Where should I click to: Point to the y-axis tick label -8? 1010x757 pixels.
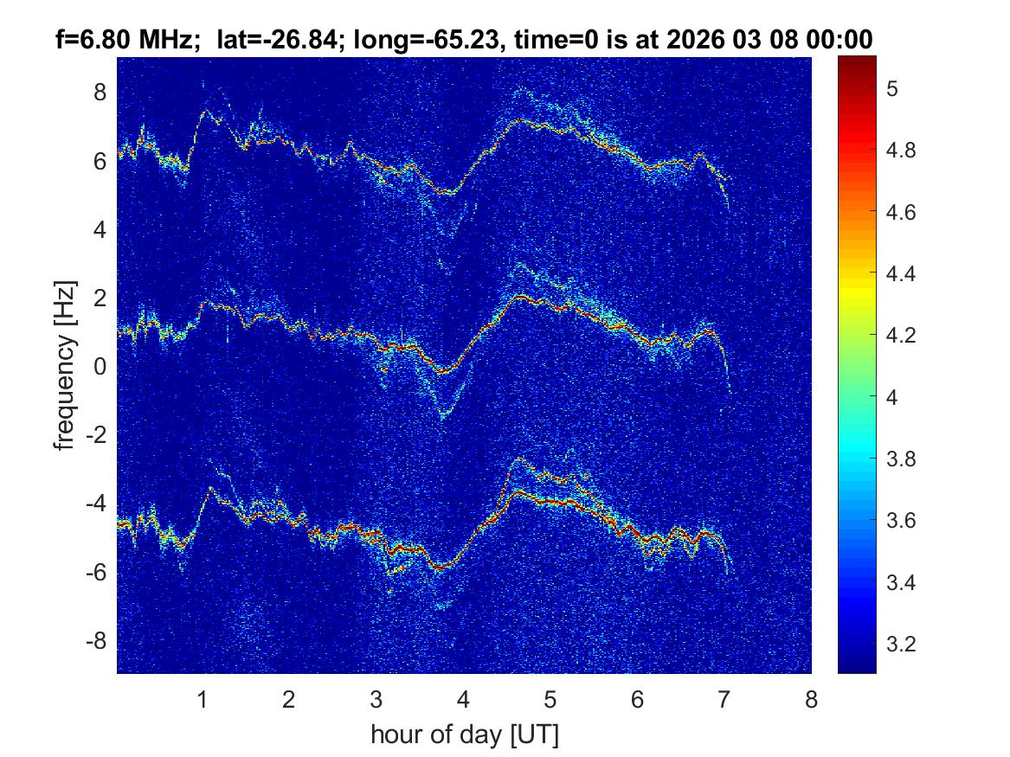pyautogui.click(x=96, y=641)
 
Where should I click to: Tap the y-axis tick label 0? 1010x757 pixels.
pyautogui.click(x=100, y=366)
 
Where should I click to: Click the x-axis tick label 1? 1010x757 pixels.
pyautogui.click(x=203, y=699)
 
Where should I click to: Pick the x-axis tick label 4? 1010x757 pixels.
pyautogui.click(x=464, y=699)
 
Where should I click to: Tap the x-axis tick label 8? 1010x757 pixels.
pyautogui.click(x=811, y=699)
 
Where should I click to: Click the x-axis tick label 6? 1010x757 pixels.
pyautogui.click(x=638, y=699)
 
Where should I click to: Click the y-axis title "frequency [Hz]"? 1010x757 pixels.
pyautogui.click(x=65, y=365)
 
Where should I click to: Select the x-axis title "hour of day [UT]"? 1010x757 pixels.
pyautogui.click(x=464, y=735)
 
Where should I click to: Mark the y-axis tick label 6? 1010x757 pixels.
pyautogui.click(x=100, y=160)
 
